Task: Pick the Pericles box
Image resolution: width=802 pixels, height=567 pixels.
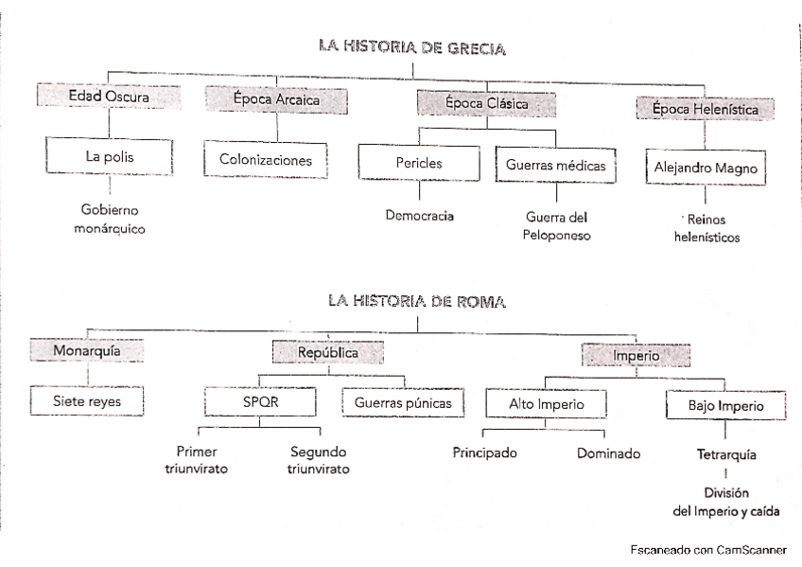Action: point(419,164)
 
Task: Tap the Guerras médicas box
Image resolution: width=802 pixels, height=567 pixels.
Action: point(556,166)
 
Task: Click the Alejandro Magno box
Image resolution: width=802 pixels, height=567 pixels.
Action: point(703,168)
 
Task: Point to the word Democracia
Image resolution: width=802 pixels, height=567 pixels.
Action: point(419,216)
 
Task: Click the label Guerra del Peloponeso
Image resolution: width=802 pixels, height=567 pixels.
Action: point(556,225)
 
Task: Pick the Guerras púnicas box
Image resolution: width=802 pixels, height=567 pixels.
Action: point(403,403)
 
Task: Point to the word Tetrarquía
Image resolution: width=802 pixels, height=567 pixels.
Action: point(726,454)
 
